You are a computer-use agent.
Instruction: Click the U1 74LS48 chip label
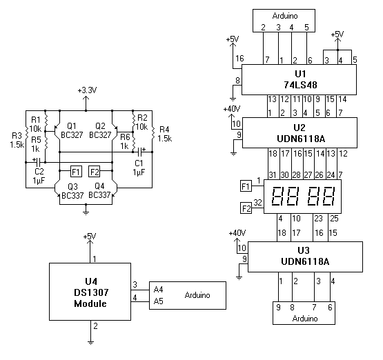[300, 79]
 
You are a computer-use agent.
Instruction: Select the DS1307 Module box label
[90, 292]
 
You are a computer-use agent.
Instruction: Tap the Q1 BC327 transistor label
[72, 130]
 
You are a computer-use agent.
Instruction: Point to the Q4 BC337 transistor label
[99, 190]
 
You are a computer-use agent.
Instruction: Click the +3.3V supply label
[87, 90]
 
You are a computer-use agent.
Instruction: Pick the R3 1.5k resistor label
[17, 140]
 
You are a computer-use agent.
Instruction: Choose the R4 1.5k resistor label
[165, 134]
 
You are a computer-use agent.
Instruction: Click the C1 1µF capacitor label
[139, 168]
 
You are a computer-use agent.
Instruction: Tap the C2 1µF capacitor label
[39, 176]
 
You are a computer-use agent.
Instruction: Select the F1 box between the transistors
[76, 172]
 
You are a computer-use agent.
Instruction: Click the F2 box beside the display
[246, 209]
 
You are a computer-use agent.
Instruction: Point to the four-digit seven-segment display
[302, 197]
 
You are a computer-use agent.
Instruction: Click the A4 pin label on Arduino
[158, 290]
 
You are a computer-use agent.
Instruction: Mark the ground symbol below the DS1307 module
[90, 343]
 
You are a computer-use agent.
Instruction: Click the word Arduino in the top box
[285, 16]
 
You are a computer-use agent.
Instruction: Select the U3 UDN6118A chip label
[305, 256]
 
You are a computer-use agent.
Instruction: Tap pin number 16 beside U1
[239, 59]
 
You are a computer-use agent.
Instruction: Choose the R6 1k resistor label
[125, 141]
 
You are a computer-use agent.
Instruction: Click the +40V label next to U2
[232, 109]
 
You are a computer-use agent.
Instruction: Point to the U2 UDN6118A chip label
[301, 133]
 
